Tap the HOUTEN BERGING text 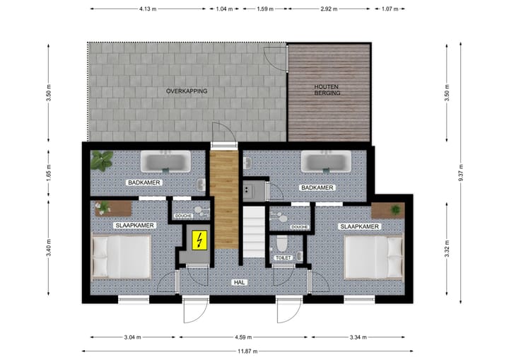[327, 90]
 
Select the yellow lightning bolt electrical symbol [199, 240]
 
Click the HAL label [239, 282]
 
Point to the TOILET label [283, 258]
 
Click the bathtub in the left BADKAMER [164, 162]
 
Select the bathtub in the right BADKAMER [326, 162]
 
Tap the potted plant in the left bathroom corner [103, 161]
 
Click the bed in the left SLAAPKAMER [121, 256]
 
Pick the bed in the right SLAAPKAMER [373, 256]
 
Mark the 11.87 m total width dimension [247, 351]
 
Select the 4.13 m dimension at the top [147, 9]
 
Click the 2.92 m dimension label [327, 9]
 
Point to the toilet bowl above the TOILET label [282, 245]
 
